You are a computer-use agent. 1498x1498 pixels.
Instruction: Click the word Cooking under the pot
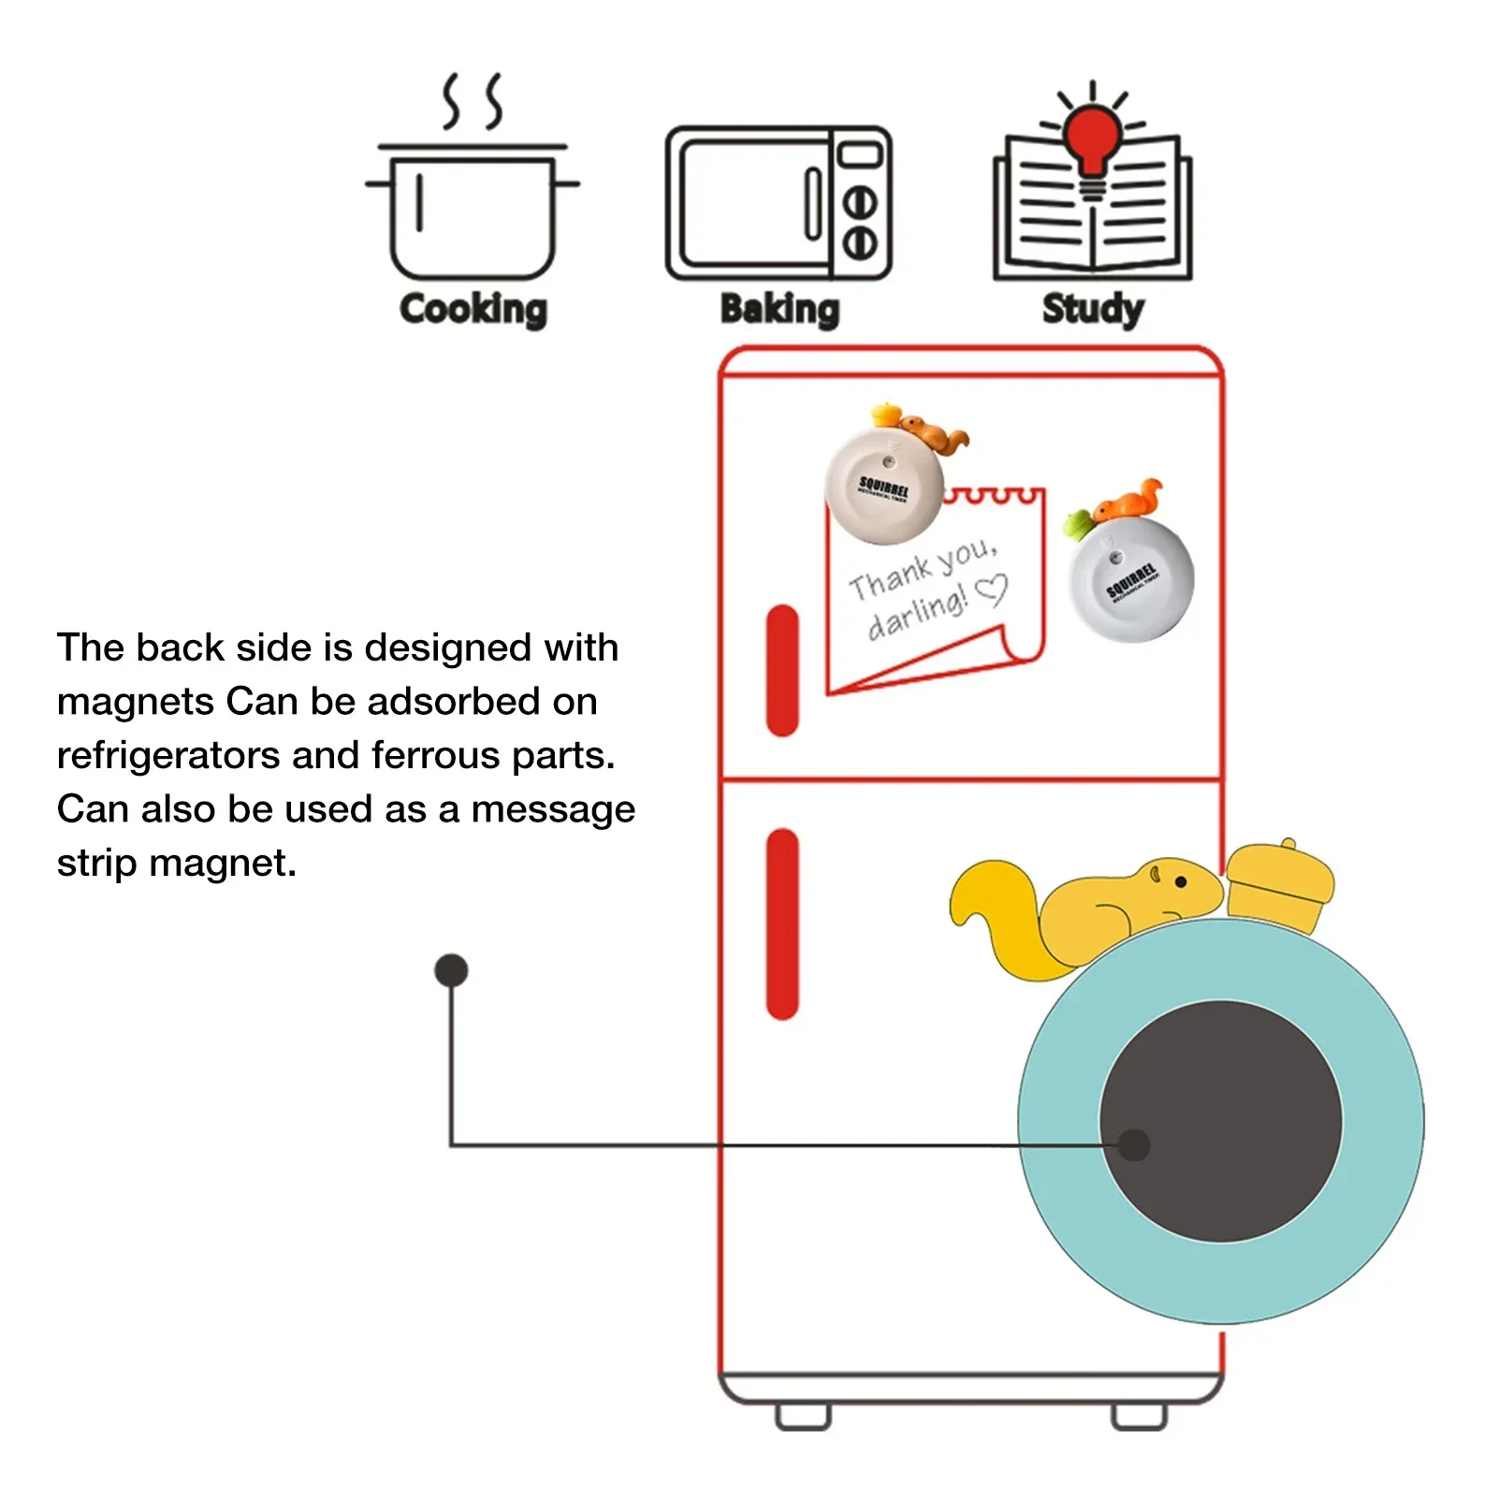coord(473,310)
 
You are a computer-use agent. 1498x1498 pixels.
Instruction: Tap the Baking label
coord(779,310)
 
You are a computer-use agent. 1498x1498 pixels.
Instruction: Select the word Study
coord(1093,310)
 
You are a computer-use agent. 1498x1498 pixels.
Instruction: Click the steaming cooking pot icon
coord(473,201)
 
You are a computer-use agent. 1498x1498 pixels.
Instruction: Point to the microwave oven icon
coord(778,203)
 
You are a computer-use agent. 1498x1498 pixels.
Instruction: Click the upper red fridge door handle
coord(782,670)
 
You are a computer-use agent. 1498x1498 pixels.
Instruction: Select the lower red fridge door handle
coord(782,924)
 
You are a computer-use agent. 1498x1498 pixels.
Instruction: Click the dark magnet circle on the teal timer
coord(1221,1121)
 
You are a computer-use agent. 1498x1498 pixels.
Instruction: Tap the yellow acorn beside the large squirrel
coord(1279,885)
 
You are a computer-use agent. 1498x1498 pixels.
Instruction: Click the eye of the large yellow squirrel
coord(1181,881)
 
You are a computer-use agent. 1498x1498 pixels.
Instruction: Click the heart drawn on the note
coord(991,590)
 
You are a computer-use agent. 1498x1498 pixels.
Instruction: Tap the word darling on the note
coord(916,614)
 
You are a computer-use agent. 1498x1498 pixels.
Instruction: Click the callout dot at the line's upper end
coord(451,970)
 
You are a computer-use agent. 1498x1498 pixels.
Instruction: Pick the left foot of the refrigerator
coord(803,1417)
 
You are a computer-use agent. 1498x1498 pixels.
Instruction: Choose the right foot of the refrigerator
coord(1139,1417)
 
